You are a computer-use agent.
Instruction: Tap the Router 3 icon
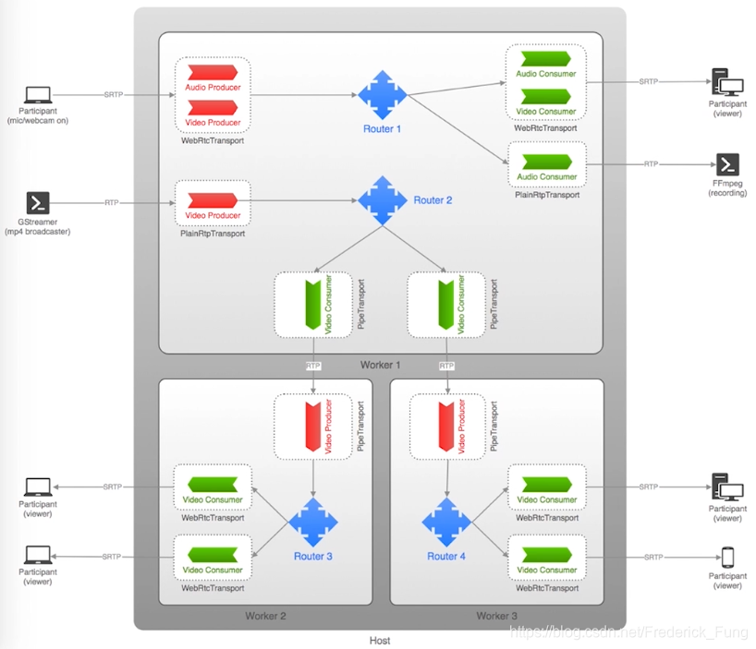click(x=312, y=522)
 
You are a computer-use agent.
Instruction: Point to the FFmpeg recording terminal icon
click(x=727, y=164)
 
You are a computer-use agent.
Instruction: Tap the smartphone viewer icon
click(x=727, y=558)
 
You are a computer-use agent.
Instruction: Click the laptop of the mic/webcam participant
click(x=38, y=95)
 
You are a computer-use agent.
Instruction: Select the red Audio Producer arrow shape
click(x=213, y=73)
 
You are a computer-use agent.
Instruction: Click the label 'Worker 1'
click(x=381, y=366)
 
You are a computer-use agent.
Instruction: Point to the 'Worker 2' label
click(x=265, y=616)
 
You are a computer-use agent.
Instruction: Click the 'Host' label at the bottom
click(x=380, y=640)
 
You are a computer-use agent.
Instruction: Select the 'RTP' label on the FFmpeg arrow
click(x=651, y=164)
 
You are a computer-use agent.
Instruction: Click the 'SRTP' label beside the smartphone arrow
click(x=652, y=558)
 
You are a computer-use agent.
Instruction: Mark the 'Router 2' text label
click(x=433, y=200)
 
